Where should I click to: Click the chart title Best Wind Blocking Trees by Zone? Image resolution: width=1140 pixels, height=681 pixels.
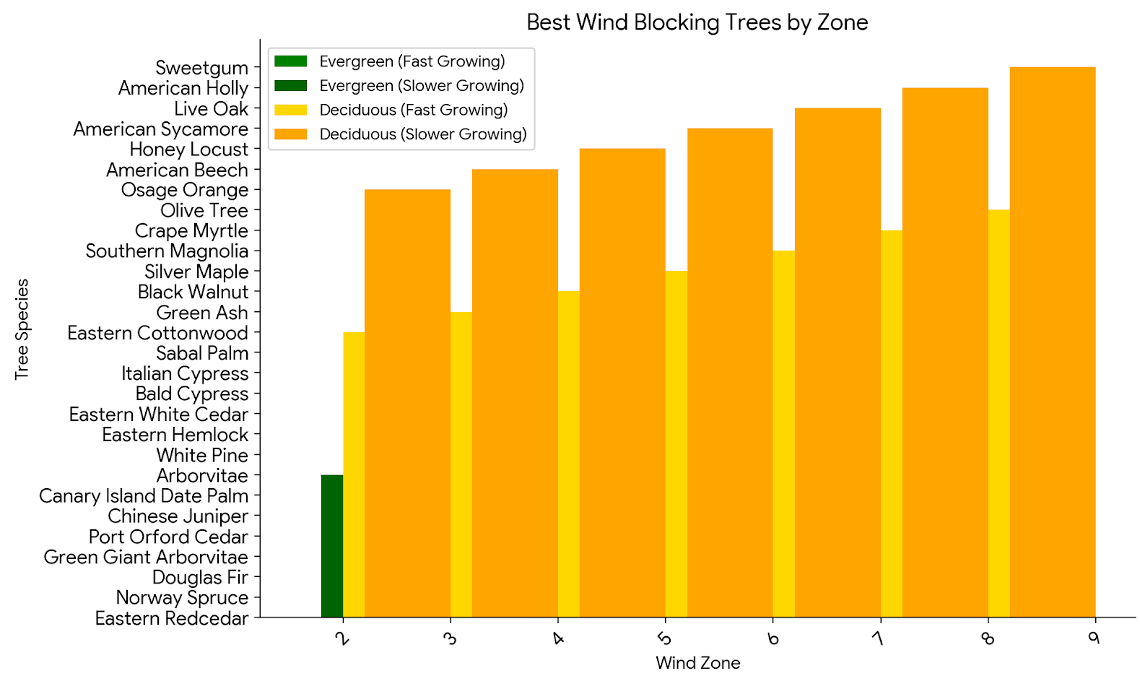[x=697, y=22]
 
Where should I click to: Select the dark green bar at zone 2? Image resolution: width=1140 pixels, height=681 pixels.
[x=332, y=545]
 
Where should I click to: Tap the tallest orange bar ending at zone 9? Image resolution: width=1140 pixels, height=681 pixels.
[x=1052, y=339]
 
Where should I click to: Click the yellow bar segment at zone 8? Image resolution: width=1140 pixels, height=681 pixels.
[x=998, y=412]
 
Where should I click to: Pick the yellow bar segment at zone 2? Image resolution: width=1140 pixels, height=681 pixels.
[x=354, y=473]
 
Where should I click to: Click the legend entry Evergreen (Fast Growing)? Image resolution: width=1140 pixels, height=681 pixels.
[x=412, y=61]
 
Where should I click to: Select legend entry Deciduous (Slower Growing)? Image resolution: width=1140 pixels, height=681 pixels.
[x=422, y=134]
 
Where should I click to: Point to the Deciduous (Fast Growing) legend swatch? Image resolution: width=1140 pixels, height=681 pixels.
[x=291, y=110]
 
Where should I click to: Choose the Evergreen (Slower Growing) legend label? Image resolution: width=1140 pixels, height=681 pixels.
[x=422, y=86]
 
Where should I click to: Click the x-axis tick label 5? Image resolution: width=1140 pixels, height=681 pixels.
[x=665, y=638]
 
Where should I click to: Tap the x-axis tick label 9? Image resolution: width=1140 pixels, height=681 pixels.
[x=1095, y=638]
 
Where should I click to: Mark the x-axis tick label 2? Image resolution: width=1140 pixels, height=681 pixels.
[x=343, y=638]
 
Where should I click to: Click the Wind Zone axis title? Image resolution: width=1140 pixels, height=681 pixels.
[x=697, y=663]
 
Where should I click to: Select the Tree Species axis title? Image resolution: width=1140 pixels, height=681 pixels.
[x=22, y=329]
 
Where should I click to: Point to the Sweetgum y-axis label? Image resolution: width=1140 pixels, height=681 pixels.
[x=201, y=68]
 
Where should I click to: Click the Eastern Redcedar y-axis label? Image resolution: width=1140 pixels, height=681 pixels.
[x=172, y=619]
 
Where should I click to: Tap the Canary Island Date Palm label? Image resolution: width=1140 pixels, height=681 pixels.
[x=144, y=496]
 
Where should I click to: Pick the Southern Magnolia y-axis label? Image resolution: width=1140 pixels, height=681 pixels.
[x=167, y=251]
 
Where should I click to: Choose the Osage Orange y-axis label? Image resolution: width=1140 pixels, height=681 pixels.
[x=185, y=190]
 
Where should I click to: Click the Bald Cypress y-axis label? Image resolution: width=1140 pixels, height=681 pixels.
[x=192, y=394]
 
